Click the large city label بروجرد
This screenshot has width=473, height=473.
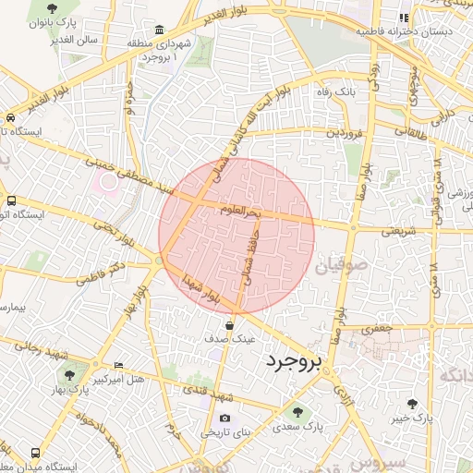pos(292,362)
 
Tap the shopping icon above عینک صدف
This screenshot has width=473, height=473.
pos(229,325)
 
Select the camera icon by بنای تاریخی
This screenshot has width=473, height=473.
pos(224,418)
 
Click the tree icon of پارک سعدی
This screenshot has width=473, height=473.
pos(297,412)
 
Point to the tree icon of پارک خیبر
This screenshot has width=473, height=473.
pos(412,404)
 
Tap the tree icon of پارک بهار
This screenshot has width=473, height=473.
pos(70,375)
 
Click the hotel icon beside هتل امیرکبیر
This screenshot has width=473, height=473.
pos(117,366)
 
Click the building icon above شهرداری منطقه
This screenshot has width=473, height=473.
pos(161,30)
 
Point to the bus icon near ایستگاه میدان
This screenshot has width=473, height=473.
pos(35,454)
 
